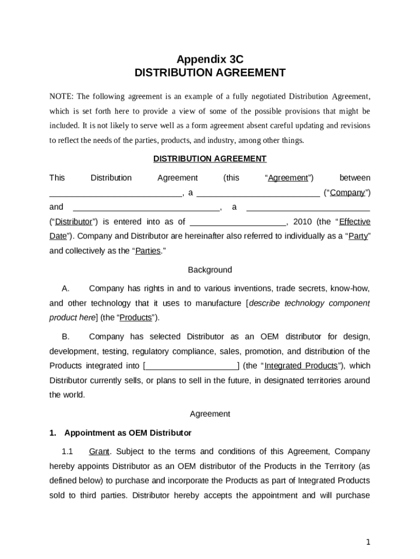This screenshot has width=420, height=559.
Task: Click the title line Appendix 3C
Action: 209,60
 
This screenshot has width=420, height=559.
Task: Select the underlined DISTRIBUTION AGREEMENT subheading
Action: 209,159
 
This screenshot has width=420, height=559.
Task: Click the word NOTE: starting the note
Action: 62,97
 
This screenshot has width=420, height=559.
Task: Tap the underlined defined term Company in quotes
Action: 347,193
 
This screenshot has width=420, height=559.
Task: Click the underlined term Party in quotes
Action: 358,236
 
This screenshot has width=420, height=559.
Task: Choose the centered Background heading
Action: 210,270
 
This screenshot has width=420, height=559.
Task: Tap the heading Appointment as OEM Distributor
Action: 128,433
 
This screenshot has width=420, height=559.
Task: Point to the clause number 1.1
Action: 68,451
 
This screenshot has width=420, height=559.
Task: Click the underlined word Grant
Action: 99,451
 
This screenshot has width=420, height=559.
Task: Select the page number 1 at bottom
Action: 368,542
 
